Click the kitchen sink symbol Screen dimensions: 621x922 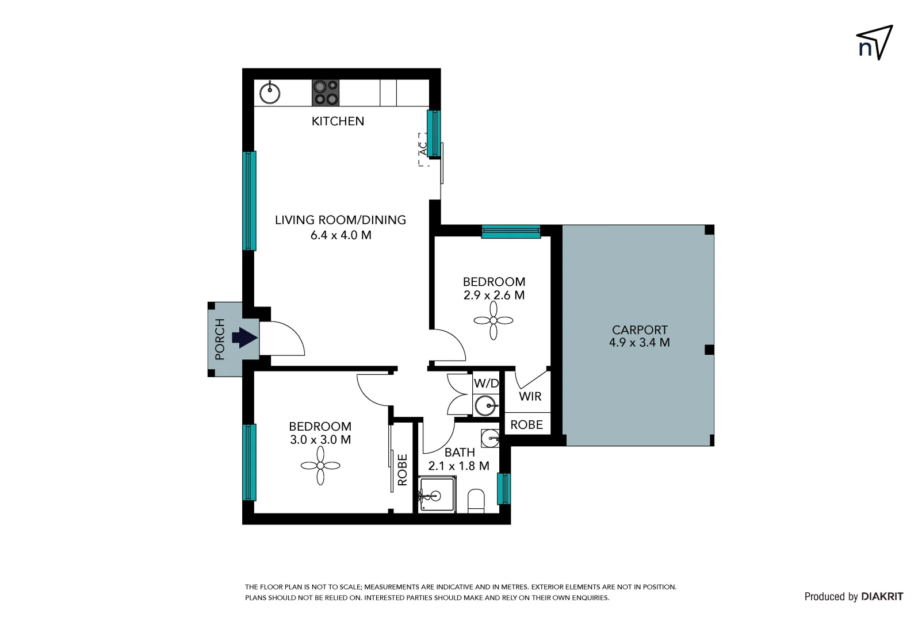tap(269, 93)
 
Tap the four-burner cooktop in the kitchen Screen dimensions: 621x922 tap(326, 93)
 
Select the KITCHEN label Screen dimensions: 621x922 tap(338, 121)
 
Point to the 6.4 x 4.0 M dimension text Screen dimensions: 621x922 tap(341, 235)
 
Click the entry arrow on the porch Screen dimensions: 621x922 tap(244, 338)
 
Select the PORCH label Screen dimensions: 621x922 tap(220, 339)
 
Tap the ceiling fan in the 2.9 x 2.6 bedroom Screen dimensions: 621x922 tap(493, 320)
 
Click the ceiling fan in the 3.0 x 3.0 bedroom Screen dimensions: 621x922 tap(320, 465)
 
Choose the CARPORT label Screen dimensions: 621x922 tap(640, 330)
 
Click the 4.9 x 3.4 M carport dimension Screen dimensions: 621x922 tap(640, 343)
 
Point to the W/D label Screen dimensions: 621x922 tap(486, 384)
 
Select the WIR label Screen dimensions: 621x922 tap(530, 396)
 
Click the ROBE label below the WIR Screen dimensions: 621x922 tap(526, 425)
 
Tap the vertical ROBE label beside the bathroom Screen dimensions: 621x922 tap(403, 470)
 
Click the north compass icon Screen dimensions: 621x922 tap(874, 43)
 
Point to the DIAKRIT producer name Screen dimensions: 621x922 tap(882, 597)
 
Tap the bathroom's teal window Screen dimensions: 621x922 tap(503, 489)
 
